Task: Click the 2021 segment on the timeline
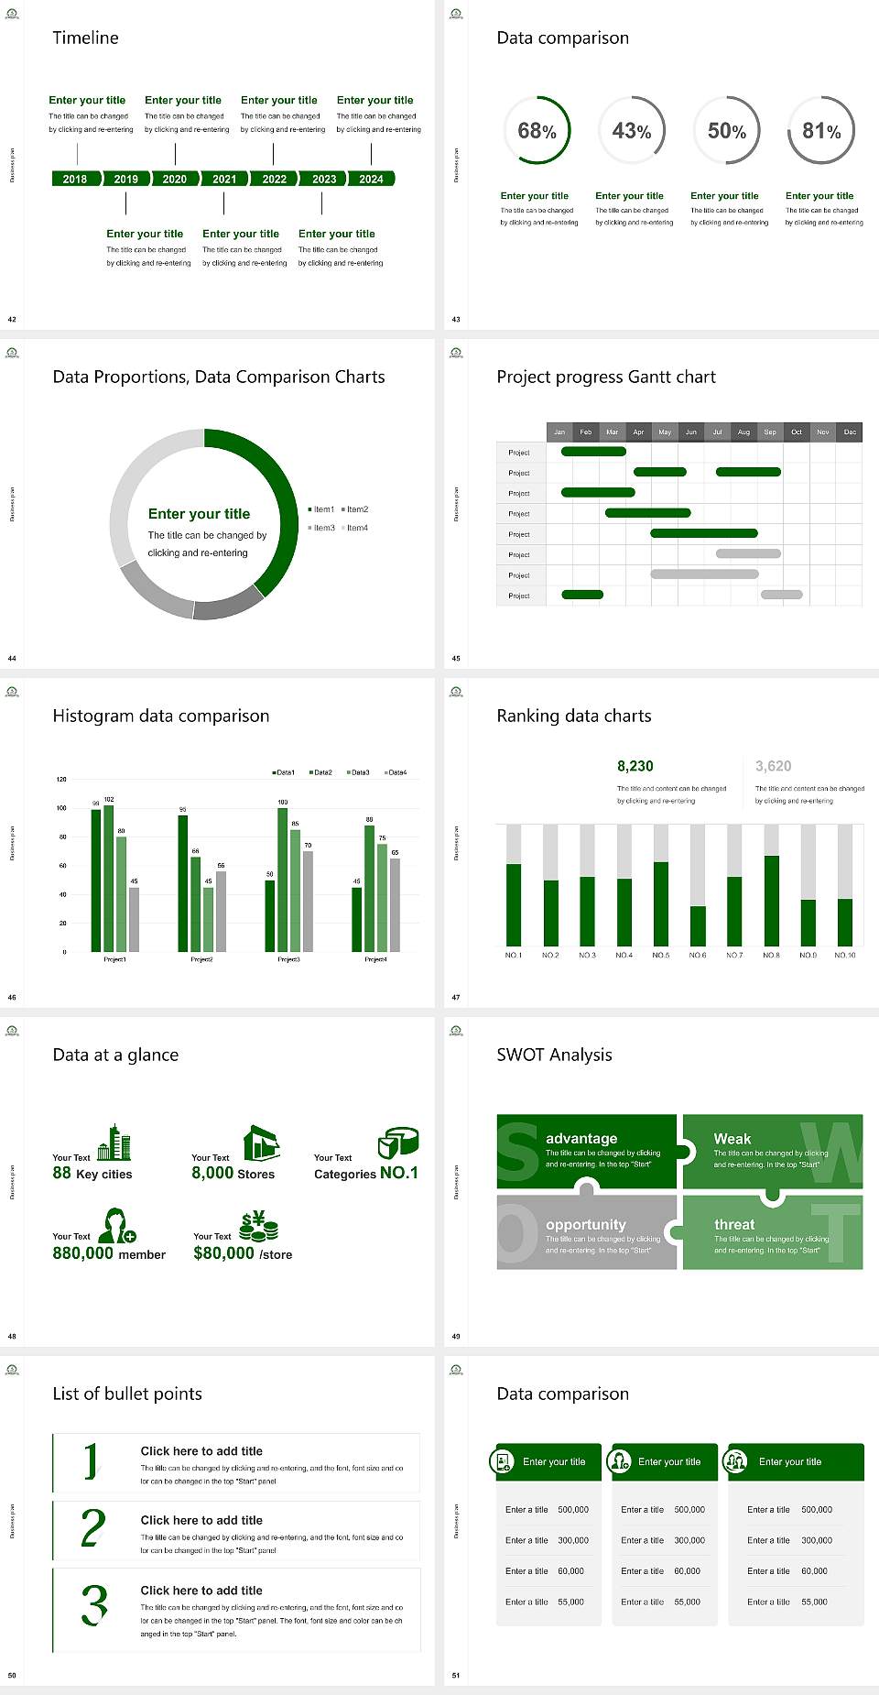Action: (224, 179)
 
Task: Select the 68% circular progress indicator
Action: (537, 130)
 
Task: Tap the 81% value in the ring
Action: (821, 131)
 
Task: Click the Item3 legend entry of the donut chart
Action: (322, 528)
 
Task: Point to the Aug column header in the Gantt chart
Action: (743, 432)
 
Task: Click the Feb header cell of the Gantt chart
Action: (586, 432)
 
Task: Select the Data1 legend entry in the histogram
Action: (284, 772)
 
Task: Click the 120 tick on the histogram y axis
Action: (61, 779)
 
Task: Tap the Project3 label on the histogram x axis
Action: (288, 959)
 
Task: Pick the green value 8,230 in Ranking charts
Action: (635, 766)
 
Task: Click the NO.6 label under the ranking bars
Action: (698, 955)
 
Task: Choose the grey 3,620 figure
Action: (774, 766)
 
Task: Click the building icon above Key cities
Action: (115, 1142)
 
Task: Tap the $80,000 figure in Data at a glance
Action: (223, 1253)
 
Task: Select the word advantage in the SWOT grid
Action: (581, 1138)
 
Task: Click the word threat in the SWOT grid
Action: (734, 1224)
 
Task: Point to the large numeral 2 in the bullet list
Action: (92, 1529)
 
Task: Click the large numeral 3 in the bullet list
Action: (94, 1605)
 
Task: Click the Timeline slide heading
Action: (85, 38)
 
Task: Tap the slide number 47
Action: (456, 997)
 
